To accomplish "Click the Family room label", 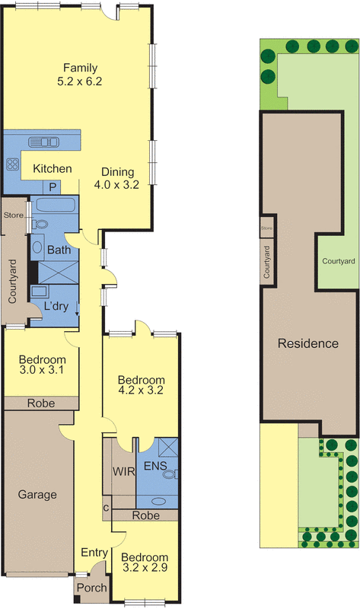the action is click(x=80, y=68).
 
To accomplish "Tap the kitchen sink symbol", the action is click(x=43, y=142).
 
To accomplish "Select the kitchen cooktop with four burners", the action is click(x=12, y=164).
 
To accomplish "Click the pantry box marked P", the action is click(x=53, y=187).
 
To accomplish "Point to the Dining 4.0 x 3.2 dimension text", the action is click(x=116, y=185).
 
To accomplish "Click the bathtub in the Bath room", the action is click(x=53, y=205).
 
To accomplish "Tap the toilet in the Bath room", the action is click(x=40, y=225).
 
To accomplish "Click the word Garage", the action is click(x=37, y=495).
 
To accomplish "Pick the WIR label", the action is click(x=124, y=471).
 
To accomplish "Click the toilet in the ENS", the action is click(x=171, y=473).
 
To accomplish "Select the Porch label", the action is click(x=91, y=588).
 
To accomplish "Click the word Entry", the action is click(x=94, y=553).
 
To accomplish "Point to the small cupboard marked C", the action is click(x=107, y=509).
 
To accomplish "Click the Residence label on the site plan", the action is click(x=308, y=343).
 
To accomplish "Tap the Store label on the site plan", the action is click(x=267, y=228).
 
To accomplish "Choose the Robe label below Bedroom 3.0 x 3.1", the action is click(x=41, y=403).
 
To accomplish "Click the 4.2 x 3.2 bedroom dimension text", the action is click(x=140, y=390).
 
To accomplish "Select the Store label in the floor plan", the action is click(x=13, y=215).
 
